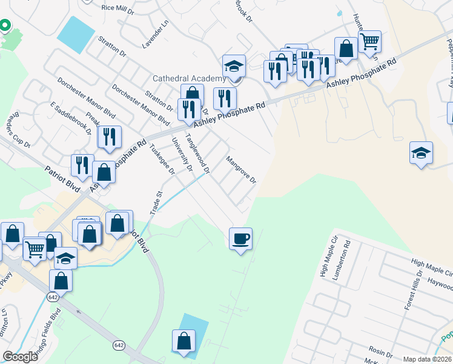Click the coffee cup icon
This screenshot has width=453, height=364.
[240, 238]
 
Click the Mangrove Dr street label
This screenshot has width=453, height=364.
[242, 170]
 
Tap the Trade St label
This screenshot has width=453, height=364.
[156, 203]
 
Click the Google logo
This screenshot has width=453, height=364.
[20, 357]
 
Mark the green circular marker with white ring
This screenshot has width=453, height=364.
[4, 25]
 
